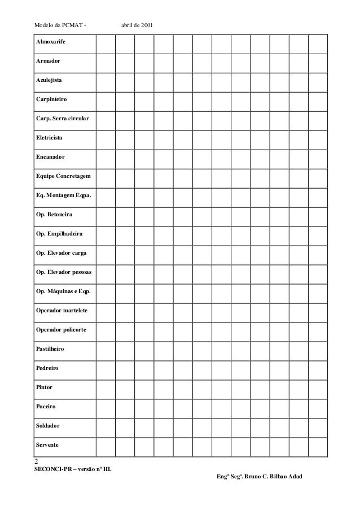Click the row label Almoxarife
(x=50, y=41)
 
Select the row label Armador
(x=48, y=60)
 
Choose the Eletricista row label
(x=50, y=138)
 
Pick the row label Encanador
(x=50, y=157)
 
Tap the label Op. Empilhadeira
(x=58, y=234)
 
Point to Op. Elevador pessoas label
(x=63, y=272)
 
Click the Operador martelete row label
(x=61, y=311)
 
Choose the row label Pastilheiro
(x=50, y=349)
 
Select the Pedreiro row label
(x=47, y=368)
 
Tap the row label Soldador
(x=48, y=425)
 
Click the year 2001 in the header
(x=151, y=25)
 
